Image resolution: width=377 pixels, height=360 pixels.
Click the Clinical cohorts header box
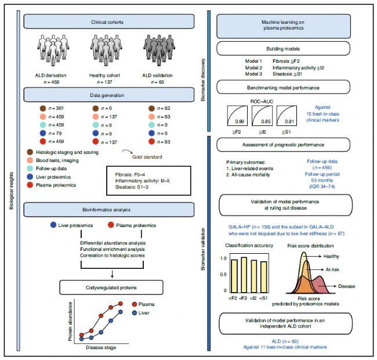tap(108, 21)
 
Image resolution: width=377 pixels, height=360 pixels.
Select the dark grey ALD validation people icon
tap(159, 50)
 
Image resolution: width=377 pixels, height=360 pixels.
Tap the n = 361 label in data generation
tap(56, 108)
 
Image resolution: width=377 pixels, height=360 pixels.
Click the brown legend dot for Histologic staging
tap(30, 152)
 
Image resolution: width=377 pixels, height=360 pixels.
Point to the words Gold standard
tap(147, 157)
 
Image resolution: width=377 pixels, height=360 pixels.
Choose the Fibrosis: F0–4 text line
tap(130, 174)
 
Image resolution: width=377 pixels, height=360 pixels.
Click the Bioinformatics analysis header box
tap(108, 210)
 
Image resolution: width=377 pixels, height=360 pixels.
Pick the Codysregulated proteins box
tap(111, 287)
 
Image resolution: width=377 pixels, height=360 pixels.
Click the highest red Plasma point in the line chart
tap(121, 304)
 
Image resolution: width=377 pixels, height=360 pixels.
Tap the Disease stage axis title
tap(101, 347)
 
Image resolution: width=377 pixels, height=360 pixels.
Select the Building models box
tap(283, 49)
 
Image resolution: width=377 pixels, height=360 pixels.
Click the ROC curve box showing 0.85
tap(262, 116)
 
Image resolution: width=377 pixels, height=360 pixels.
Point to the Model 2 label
tap(253, 67)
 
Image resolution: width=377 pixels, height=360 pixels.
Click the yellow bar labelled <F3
tap(244, 275)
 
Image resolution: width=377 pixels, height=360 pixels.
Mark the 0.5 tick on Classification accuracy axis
tap(223, 274)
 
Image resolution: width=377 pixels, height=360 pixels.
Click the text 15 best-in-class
tap(322, 114)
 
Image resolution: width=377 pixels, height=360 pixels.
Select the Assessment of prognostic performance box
tap(283, 145)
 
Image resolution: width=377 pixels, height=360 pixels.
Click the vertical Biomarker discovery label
tap(203, 80)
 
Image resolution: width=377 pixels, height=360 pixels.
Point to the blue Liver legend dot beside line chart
tap(135, 313)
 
